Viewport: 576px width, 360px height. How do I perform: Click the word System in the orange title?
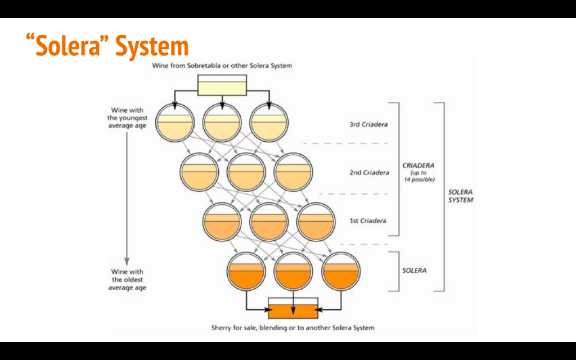[152, 47]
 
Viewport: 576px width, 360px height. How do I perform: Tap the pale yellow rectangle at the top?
[222, 85]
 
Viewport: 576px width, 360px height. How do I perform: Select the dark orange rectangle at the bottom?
[293, 308]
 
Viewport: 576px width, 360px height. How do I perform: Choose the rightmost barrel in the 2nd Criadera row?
[292, 172]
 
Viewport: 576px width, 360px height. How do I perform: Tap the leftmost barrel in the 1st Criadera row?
[222, 221]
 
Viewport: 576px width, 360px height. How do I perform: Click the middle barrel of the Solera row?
[293, 271]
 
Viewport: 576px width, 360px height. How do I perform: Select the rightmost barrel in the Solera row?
[340, 271]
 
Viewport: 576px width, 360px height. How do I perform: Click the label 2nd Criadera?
[369, 173]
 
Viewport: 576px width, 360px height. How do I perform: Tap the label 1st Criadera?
[368, 221]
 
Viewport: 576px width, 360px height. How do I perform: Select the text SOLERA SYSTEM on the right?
[460, 196]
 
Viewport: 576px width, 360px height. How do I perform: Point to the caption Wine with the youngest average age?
[128, 118]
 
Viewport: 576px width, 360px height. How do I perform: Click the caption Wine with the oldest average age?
[128, 280]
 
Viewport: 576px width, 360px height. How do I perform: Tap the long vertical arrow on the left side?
[127, 197]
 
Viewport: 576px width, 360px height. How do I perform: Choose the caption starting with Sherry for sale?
[292, 327]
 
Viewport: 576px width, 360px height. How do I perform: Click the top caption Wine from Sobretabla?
[222, 66]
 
